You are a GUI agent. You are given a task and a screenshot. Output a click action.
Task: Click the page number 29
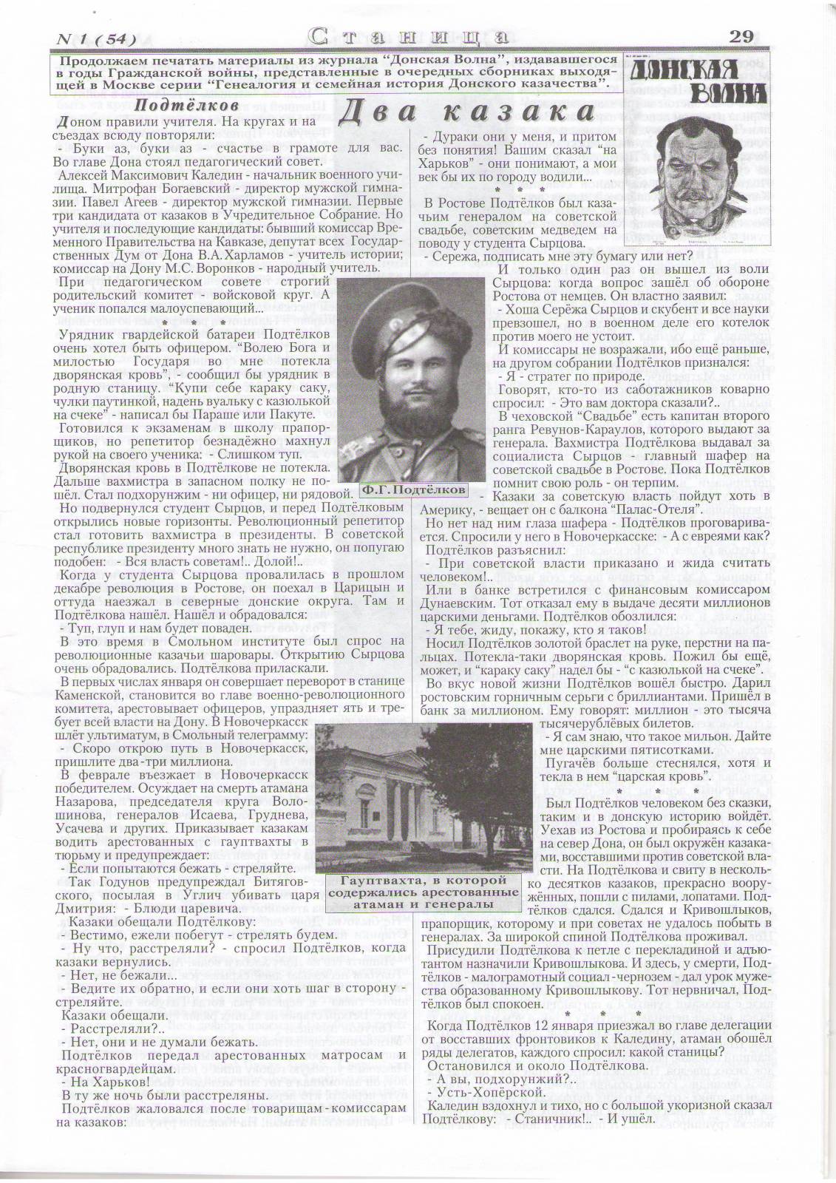[741, 36]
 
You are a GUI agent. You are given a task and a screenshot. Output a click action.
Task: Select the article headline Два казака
[466, 112]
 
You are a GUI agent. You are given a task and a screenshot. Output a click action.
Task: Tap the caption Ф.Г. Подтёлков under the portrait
[415, 489]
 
